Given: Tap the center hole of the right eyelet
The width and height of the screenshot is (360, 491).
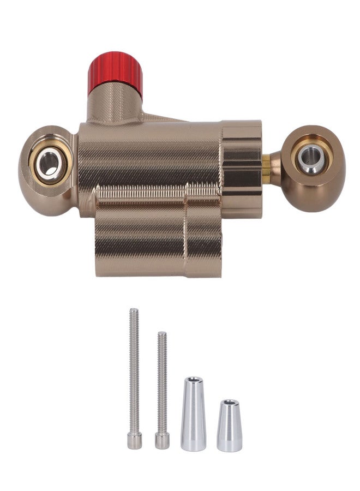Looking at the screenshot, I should [x=311, y=159].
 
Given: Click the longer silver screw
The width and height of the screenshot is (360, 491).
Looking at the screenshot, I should [x=134, y=376].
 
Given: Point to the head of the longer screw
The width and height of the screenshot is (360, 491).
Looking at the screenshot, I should [x=135, y=439].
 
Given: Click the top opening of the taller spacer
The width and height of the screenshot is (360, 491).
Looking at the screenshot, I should [x=193, y=380].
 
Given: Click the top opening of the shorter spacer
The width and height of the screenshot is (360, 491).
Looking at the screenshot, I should [x=229, y=404].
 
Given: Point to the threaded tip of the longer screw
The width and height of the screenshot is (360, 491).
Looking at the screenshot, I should [x=133, y=314].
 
